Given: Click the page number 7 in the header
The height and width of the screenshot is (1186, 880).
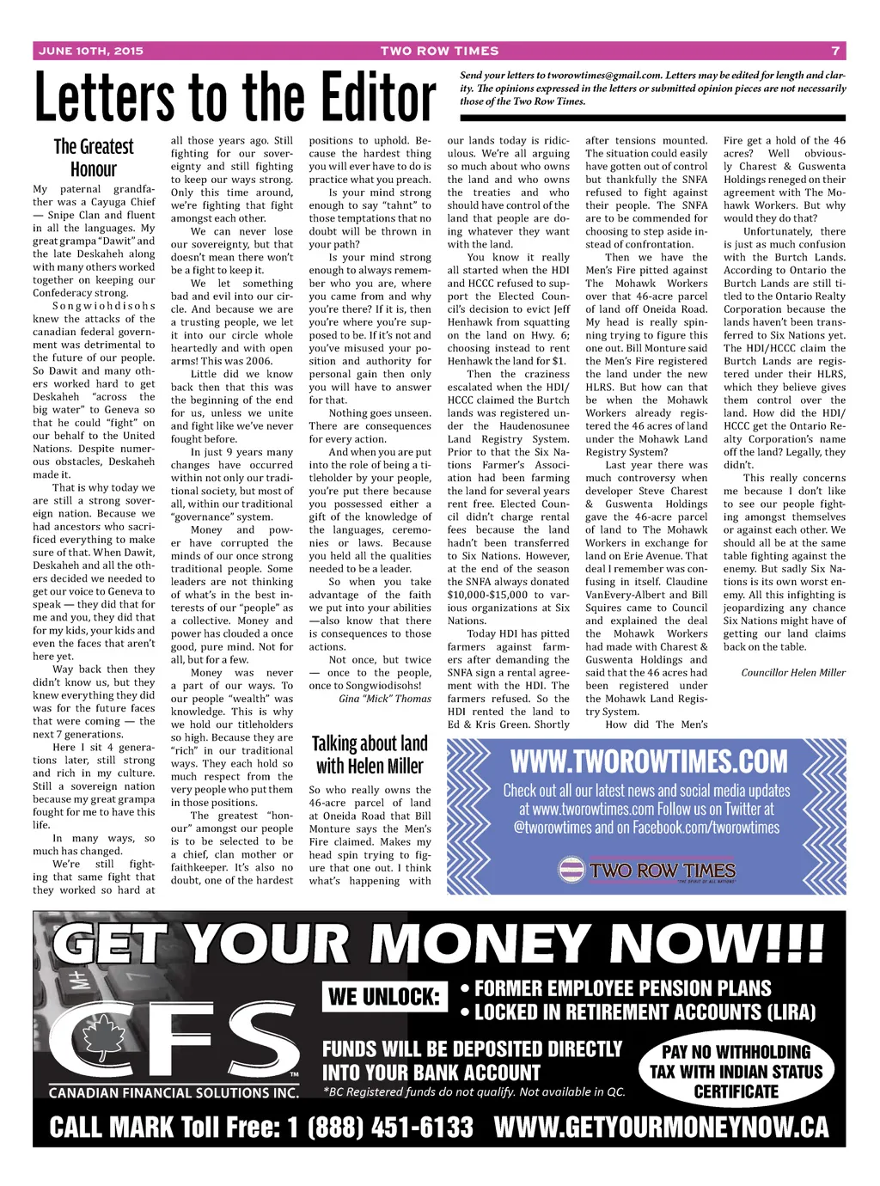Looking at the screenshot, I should (x=835, y=51).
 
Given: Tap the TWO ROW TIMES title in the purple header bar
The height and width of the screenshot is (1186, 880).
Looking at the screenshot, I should (x=439, y=51).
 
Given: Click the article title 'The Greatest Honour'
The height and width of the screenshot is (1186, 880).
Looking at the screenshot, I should (x=94, y=158).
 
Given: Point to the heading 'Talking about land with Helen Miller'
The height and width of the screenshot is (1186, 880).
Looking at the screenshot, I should (x=370, y=755).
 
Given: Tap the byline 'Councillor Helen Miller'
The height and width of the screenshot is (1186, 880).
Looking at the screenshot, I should (x=793, y=673).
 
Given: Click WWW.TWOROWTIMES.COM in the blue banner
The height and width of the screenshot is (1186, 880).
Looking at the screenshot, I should (x=648, y=761).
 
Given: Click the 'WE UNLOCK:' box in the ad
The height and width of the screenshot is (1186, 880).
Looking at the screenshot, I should (x=385, y=997).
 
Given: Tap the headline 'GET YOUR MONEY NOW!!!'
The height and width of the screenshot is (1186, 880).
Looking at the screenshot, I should (x=438, y=945).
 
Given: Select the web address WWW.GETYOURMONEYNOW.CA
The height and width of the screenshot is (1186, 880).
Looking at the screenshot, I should (x=662, y=1127).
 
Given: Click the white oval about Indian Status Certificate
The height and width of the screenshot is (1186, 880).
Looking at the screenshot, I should (x=736, y=1071).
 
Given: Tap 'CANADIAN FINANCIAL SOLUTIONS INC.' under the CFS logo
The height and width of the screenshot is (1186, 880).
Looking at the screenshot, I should (x=174, y=1093).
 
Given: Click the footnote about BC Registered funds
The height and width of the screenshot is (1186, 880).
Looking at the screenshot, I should (x=474, y=1092).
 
